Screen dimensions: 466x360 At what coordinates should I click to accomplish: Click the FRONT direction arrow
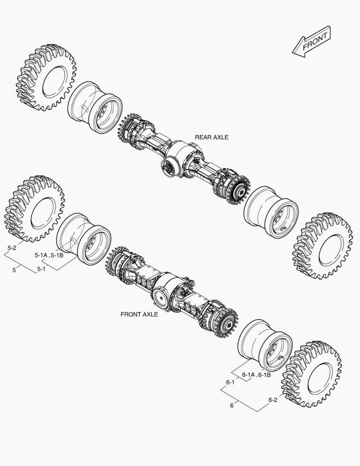pyautogui.click(x=311, y=41)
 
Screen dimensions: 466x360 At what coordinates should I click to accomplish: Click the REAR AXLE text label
pyautogui.click(x=211, y=137)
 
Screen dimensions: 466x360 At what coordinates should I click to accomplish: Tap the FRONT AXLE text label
pyautogui.click(x=139, y=315)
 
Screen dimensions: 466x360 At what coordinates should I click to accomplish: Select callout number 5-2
pyautogui.click(x=12, y=248)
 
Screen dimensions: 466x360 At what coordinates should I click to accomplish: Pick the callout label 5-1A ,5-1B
pyautogui.click(x=49, y=255)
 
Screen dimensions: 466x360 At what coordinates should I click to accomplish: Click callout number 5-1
pyautogui.click(x=41, y=269)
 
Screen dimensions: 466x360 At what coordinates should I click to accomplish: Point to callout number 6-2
pyautogui.click(x=272, y=400)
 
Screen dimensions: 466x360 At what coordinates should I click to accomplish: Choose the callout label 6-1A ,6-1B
pyautogui.click(x=256, y=375)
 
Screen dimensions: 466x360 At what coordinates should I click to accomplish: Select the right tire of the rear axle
pyautogui.click(x=322, y=246)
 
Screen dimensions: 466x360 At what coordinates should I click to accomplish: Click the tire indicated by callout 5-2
pyautogui.click(x=34, y=210)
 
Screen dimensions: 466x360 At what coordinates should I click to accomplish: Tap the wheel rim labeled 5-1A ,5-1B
pyautogui.click(x=84, y=239)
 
